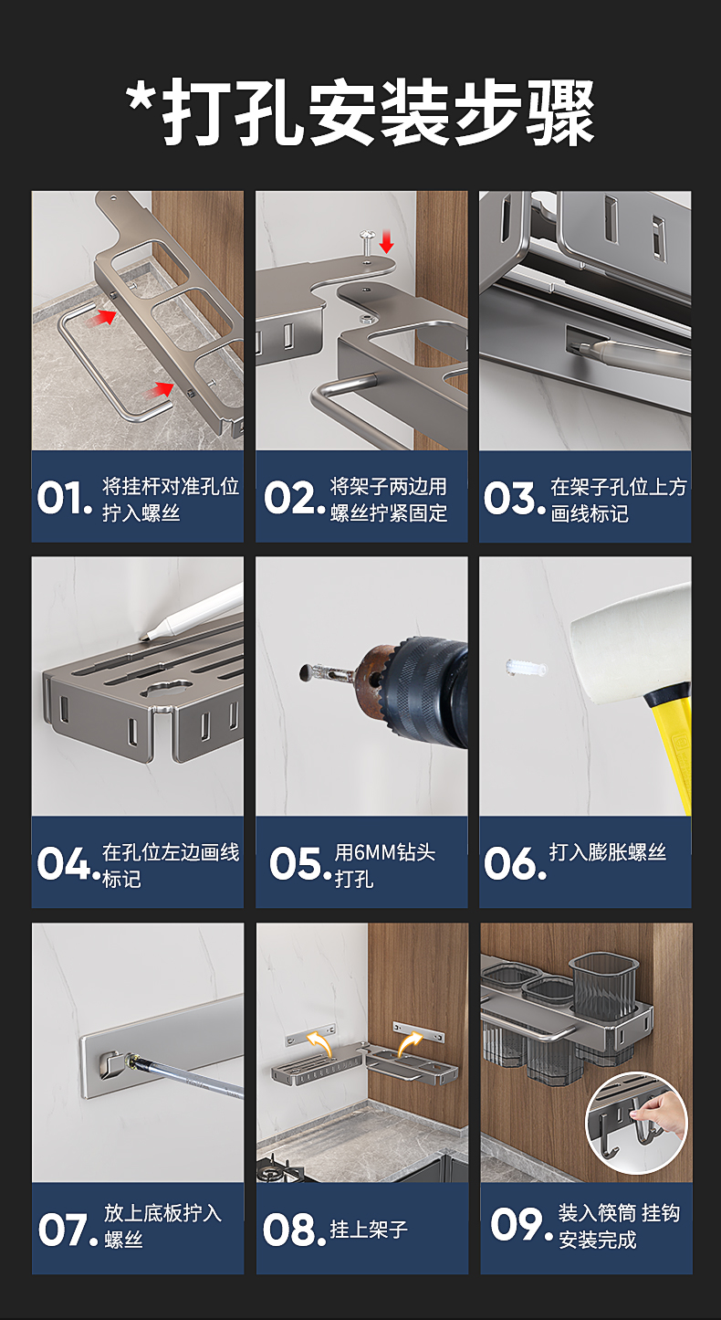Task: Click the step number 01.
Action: (65, 498)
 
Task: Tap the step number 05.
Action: (297, 864)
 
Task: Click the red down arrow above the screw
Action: (387, 241)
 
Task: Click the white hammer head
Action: (630, 642)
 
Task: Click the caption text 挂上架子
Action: (369, 1230)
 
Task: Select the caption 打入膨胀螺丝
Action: (608, 852)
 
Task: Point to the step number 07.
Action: (68, 1230)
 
